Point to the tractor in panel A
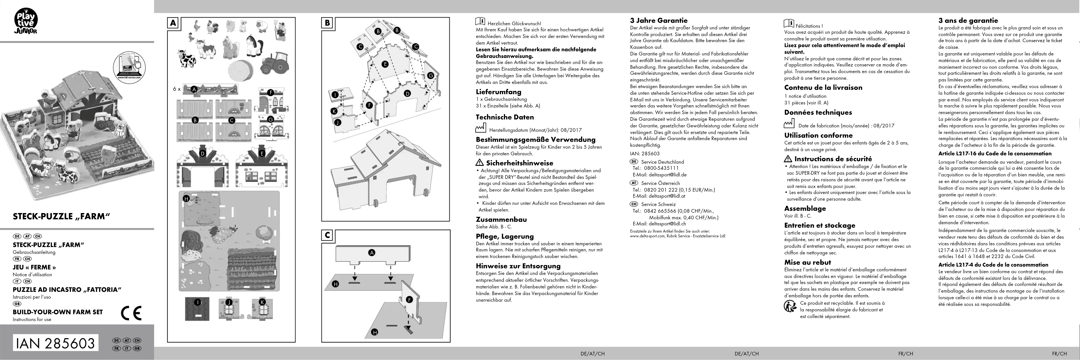(275, 63)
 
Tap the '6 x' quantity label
(177, 89)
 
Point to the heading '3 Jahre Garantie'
(659, 20)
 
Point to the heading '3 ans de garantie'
(968, 20)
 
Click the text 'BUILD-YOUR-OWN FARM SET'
(58, 312)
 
